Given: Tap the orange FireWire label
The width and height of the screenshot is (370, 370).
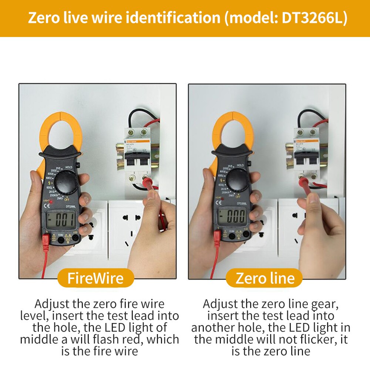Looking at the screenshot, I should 95,278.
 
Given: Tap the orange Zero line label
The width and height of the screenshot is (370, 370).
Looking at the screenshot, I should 265,278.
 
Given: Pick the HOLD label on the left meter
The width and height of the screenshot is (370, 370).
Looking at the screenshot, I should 69,167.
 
